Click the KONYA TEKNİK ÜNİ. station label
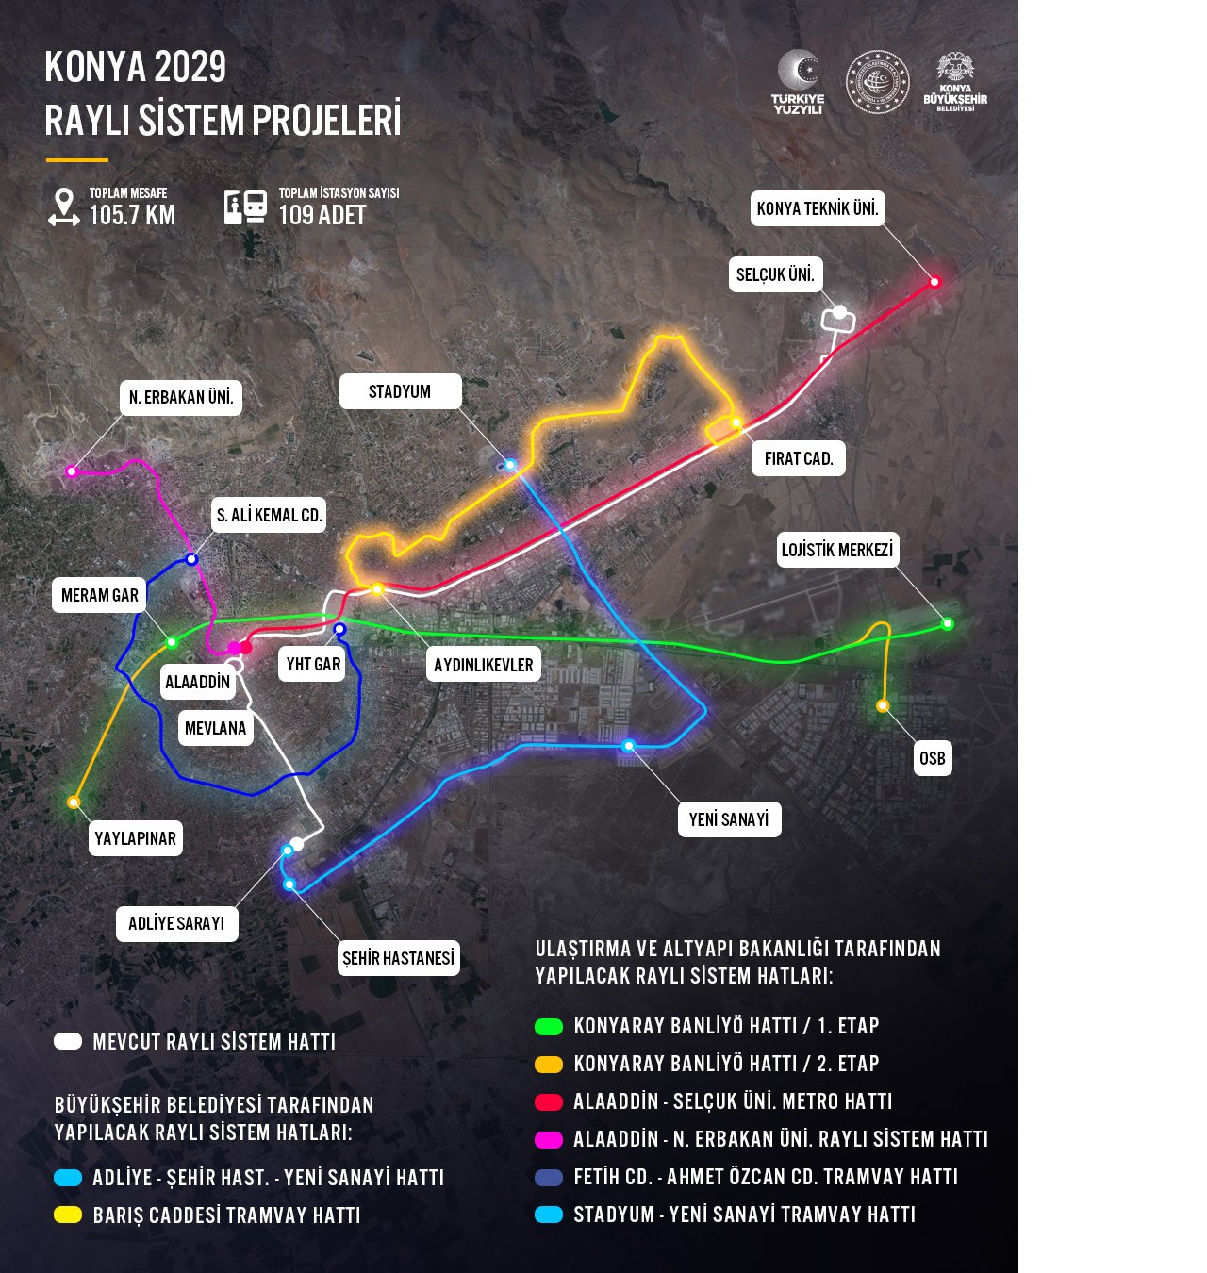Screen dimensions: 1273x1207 [x=818, y=208]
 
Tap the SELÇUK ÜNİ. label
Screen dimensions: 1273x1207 [x=775, y=274]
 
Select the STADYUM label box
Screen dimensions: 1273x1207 [x=400, y=391]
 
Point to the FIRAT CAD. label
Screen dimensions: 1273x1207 [x=799, y=458]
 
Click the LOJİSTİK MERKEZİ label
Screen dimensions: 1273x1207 [x=837, y=550]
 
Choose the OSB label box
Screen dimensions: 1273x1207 [x=932, y=758]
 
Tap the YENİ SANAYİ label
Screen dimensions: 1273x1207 [x=728, y=819]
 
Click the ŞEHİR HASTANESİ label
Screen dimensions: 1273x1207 [x=398, y=958]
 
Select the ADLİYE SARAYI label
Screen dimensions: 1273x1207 [x=176, y=923]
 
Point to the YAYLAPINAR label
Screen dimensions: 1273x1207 [x=136, y=838]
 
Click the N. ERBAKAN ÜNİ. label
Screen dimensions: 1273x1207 [x=181, y=397]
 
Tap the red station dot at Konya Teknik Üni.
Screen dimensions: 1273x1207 [x=935, y=281]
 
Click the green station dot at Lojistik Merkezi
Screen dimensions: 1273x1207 [x=948, y=623]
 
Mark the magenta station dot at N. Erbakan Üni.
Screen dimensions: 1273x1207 [x=72, y=471]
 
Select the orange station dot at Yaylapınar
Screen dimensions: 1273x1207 [x=74, y=802]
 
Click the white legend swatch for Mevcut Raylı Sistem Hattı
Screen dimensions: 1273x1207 [x=68, y=1041]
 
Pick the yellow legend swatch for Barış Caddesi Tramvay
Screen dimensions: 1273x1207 [x=68, y=1215]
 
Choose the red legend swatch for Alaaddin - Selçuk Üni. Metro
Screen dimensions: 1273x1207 [x=549, y=1101]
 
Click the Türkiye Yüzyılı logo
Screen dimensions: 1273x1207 [x=798, y=82]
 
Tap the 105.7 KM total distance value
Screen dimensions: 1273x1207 [x=132, y=215]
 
